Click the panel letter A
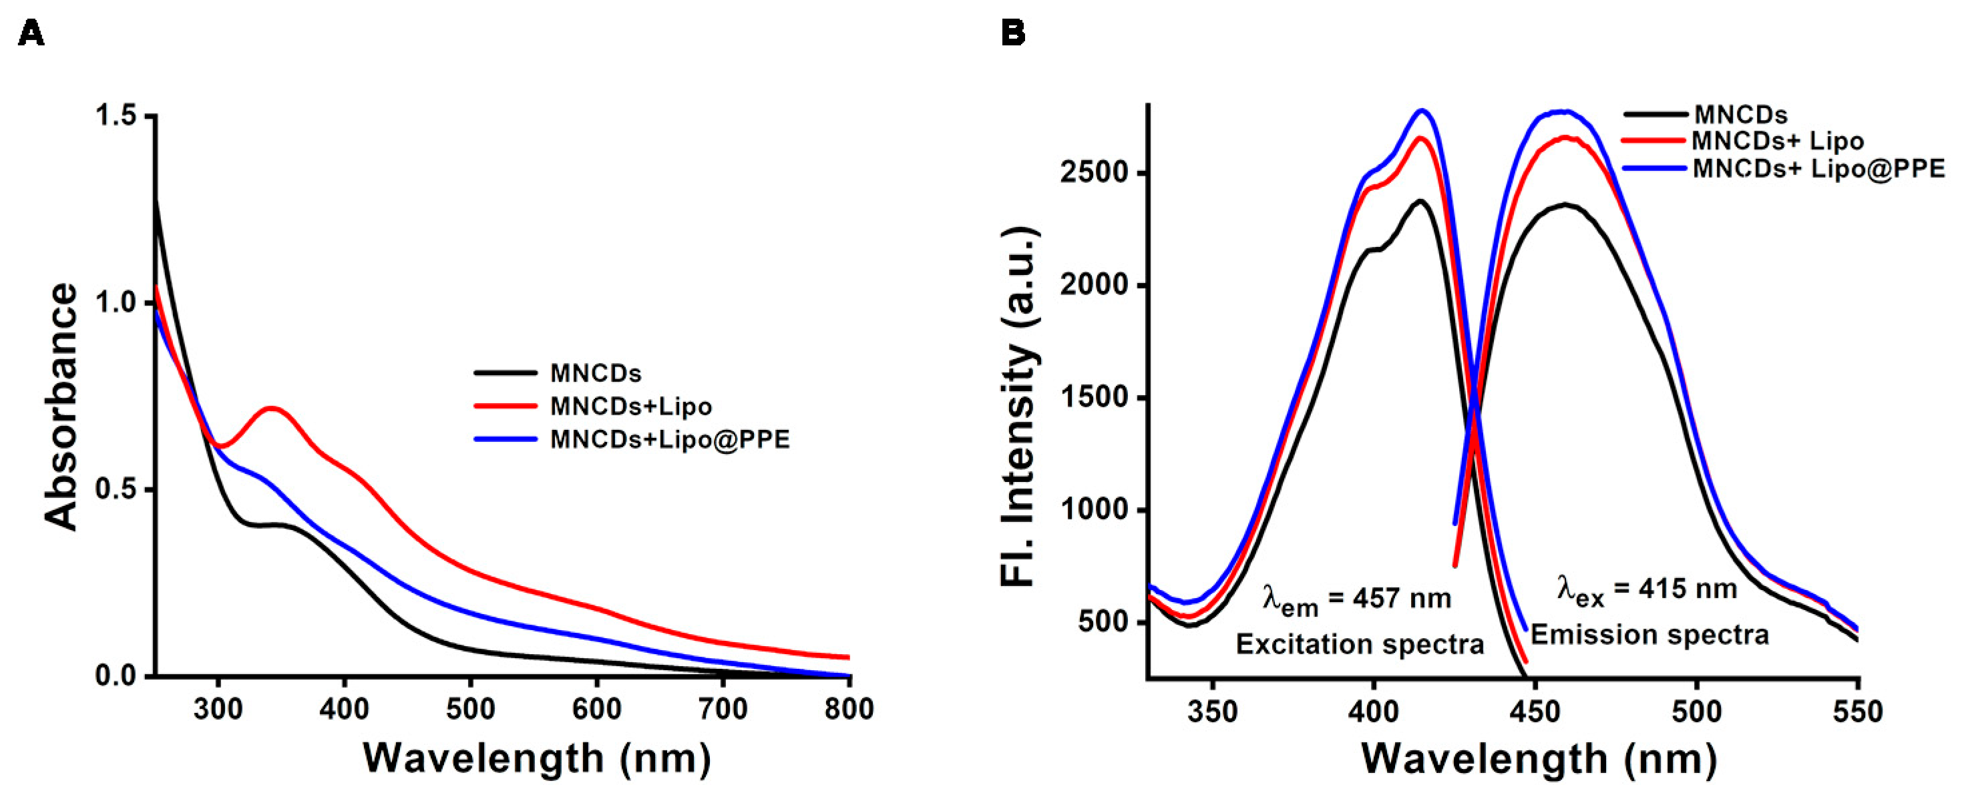click(31, 33)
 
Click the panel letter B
click(1013, 33)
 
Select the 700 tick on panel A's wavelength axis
click(723, 710)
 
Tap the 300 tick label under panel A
click(218, 710)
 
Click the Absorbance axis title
click(61, 406)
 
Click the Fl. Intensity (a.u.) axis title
click(1018, 406)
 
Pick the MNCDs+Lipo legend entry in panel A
click(630, 406)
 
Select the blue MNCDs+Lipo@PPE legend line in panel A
click(506, 439)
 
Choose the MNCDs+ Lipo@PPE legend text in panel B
click(1818, 169)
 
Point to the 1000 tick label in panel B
click(1095, 510)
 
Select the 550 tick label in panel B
click(1858, 712)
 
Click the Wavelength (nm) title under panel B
click(1539, 758)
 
